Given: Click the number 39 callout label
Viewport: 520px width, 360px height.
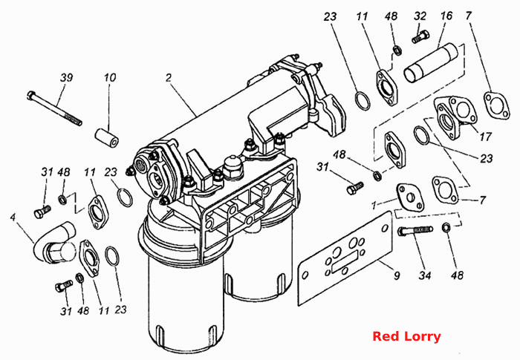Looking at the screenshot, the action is (66, 78).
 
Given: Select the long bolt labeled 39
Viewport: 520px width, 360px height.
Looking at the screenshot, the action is (54, 108).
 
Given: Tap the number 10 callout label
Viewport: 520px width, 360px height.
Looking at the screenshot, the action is (110, 78).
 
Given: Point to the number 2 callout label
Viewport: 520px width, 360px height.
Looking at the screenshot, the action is (169, 78).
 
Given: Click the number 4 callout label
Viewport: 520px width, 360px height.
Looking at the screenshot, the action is (13, 217).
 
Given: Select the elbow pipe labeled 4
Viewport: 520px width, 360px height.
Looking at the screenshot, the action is (54, 243).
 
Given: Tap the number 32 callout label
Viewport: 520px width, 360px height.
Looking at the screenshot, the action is (420, 16).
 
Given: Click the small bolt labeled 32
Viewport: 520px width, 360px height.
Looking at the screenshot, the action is (420, 37).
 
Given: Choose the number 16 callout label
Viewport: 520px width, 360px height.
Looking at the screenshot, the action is (446, 16).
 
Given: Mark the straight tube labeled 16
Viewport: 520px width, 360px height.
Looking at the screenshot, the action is (431, 63).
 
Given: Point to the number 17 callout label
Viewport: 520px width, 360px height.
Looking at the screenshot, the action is (485, 137).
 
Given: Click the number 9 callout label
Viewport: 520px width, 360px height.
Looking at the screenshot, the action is (397, 275).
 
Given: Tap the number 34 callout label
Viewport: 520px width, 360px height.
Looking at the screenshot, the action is (425, 275).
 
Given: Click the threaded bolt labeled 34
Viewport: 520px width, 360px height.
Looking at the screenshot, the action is (415, 230).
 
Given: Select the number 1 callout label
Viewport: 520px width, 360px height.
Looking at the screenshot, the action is (374, 206).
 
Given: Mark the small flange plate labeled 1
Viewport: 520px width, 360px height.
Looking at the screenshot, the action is (410, 197).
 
